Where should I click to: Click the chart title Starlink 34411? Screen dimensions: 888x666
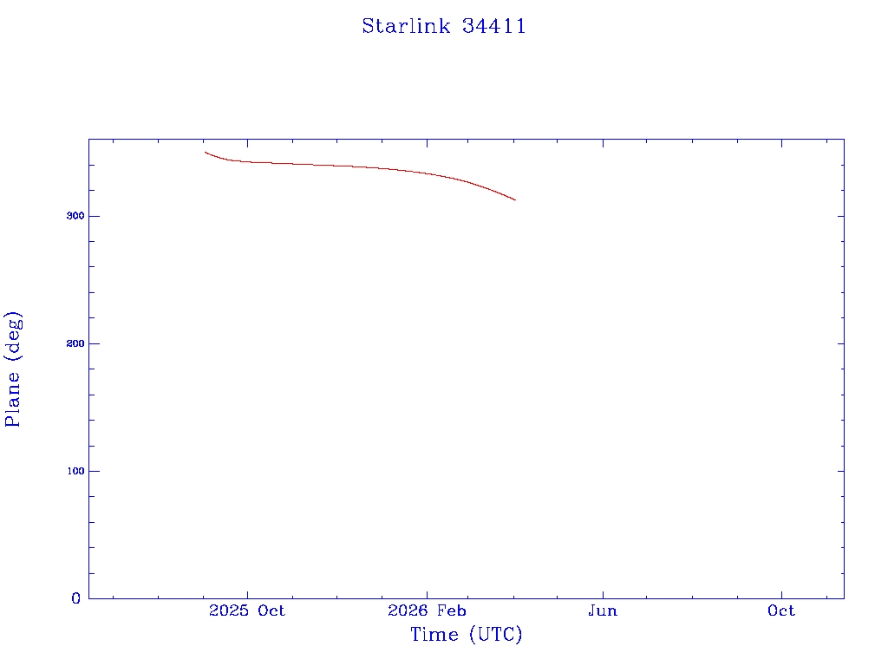point(444,26)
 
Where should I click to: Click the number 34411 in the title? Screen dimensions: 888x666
point(494,26)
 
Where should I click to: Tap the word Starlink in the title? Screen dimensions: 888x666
point(406,26)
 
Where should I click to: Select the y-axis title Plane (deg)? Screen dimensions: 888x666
point(12,369)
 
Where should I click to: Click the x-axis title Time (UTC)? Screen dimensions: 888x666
point(466,634)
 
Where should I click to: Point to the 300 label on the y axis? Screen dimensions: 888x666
point(75,216)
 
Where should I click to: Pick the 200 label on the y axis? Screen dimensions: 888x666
point(75,343)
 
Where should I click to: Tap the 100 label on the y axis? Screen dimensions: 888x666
point(75,471)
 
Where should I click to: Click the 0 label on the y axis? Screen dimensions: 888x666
point(76,598)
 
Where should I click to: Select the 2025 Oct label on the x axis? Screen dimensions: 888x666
point(247,610)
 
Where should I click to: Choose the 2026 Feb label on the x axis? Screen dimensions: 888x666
point(427,610)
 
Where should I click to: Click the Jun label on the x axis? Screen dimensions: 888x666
point(603,610)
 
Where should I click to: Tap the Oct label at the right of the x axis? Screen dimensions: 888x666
point(781,610)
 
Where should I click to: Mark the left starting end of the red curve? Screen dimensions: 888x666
point(205,152)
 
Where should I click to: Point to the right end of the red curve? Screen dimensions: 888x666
point(515,200)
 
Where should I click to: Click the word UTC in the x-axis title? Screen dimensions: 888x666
point(497,634)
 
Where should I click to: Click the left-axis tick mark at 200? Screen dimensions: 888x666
point(92,343)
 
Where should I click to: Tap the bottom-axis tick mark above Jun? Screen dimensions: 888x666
point(603,595)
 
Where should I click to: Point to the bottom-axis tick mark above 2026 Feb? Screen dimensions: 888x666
point(427,595)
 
